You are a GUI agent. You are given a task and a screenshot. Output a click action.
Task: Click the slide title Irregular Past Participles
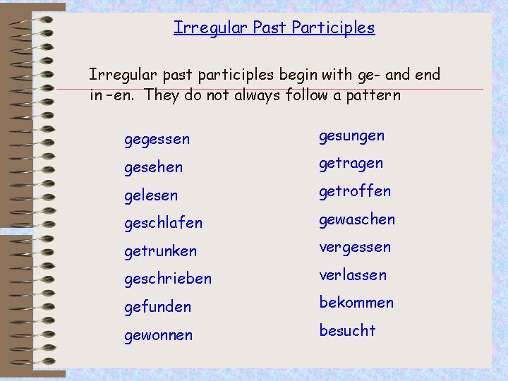274,28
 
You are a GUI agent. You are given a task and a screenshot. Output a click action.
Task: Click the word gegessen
157,140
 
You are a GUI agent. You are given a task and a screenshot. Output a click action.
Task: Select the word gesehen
153,168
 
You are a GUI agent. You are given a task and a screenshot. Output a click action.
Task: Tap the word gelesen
151,195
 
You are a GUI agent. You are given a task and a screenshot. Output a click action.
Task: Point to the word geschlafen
163,223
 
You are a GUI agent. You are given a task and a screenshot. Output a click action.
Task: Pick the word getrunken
160,251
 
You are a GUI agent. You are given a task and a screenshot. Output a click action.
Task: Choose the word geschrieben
167,279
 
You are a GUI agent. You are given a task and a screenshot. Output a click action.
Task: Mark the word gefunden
157,307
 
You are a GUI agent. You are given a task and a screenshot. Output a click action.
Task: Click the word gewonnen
158,335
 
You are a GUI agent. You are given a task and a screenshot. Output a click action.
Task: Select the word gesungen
351,135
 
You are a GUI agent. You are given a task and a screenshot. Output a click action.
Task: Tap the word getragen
351,164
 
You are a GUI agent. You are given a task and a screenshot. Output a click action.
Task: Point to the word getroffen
354,191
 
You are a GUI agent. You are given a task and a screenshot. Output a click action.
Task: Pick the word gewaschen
356,219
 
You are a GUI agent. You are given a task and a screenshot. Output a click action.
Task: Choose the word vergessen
354,248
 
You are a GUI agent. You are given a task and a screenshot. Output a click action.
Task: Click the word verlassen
353,274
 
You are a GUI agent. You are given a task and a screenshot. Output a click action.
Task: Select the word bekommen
356,303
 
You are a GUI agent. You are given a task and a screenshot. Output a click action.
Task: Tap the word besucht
347,330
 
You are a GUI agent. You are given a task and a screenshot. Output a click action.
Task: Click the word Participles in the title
332,28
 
